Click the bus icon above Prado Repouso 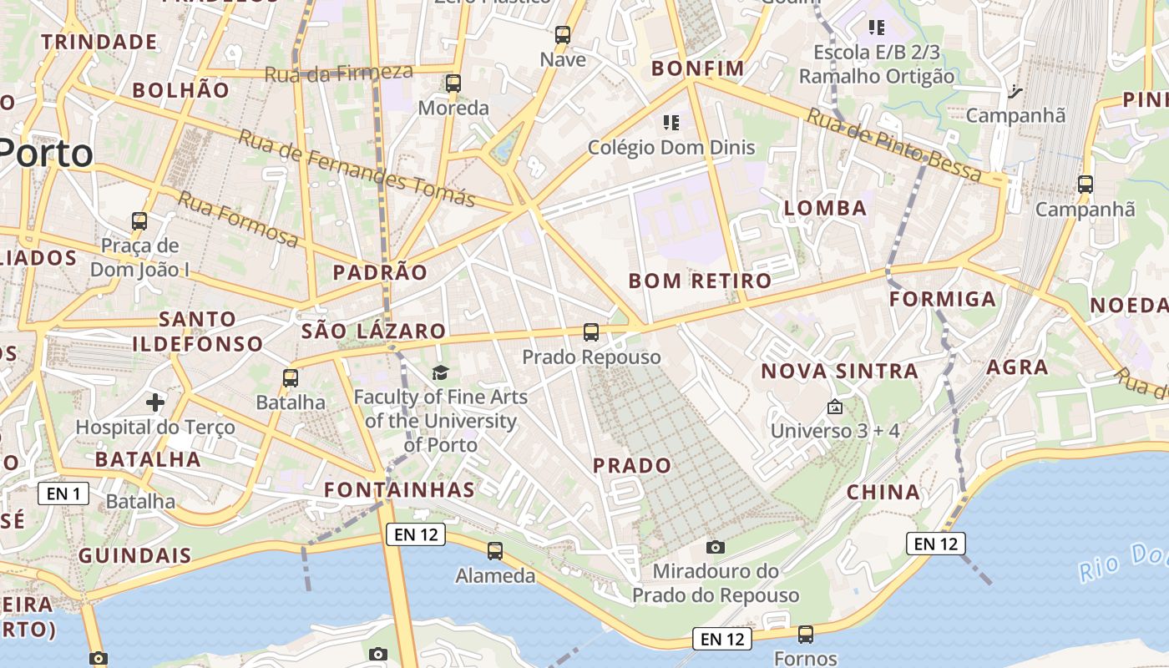click(x=591, y=332)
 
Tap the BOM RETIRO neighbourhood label click(x=700, y=281)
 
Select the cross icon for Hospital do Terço click(x=155, y=403)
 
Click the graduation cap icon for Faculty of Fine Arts click(x=440, y=372)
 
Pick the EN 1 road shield click(x=63, y=493)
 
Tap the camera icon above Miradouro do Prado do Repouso click(x=716, y=547)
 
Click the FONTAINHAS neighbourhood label click(x=399, y=489)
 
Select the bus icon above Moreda click(x=453, y=83)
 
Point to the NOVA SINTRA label click(x=839, y=371)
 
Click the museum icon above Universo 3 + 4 click(x=834, y=407)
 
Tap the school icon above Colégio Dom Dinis click(x=671, y=123)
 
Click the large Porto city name click(x=46, y=154)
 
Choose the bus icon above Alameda click(x=495, y=551)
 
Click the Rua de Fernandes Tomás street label click(x=357, y=169)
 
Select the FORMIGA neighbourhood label click(x=943, y=299)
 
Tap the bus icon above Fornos click(x=806, y=635)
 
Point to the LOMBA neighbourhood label click(x=826, y=208)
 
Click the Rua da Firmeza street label click(x=338, y=73)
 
